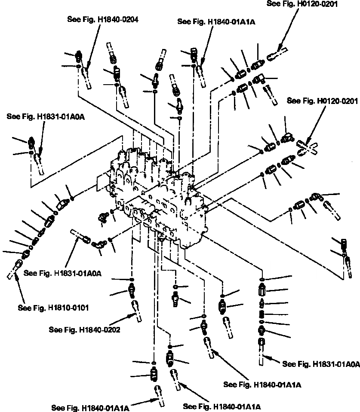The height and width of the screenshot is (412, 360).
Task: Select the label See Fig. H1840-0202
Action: pyautogui.click(x=84, y=330)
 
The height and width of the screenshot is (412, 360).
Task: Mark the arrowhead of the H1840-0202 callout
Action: pyautogui.click(x=130, y=316)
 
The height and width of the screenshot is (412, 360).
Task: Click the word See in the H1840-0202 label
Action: pyautogui.click(x=56, y=330)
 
